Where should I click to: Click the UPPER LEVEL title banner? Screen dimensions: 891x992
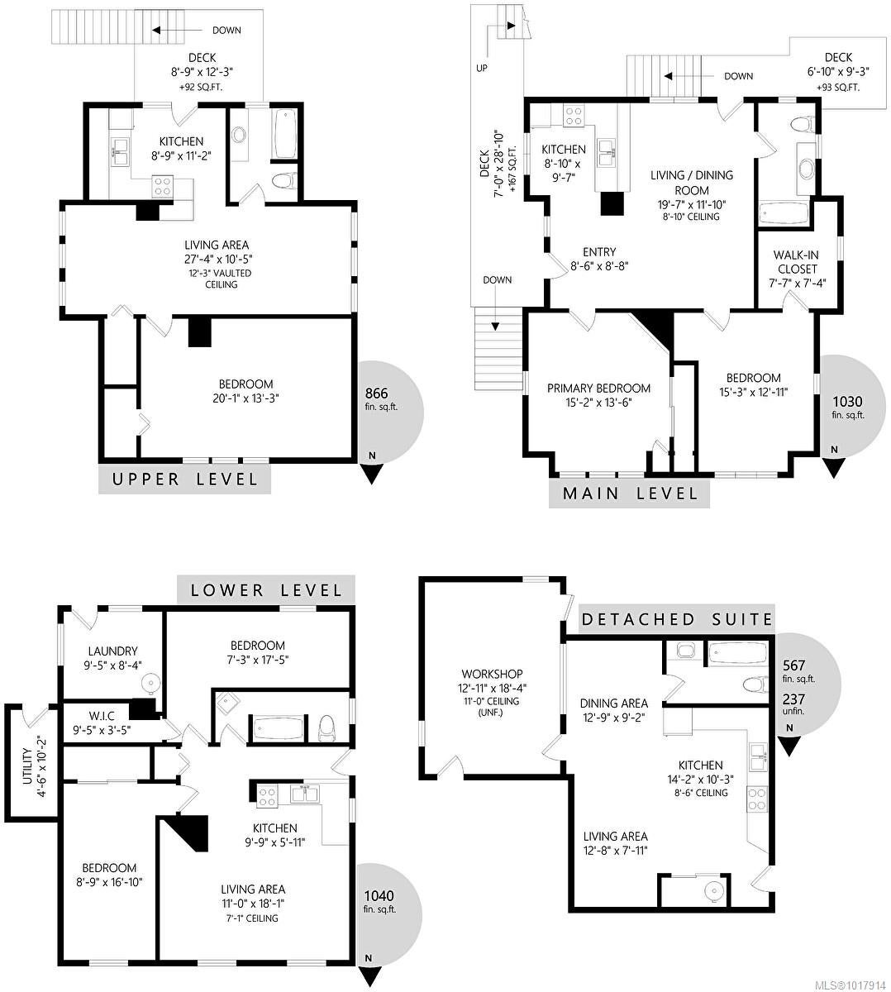coord(184,479)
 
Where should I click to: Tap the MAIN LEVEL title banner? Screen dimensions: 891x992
coord(629,493)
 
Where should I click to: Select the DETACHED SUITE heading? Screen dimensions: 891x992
coord(677,619)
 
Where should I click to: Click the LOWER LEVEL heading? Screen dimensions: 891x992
coord(266,590)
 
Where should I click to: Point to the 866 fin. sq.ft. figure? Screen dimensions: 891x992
coord(376,393)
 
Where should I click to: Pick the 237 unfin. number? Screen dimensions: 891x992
coord(793,699)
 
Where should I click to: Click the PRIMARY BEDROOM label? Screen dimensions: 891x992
coord(598,389)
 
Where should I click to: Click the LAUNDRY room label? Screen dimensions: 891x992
coord(112,651)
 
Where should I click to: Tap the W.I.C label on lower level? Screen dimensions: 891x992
coord(102,717)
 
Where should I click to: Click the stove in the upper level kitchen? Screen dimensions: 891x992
coord(163,186)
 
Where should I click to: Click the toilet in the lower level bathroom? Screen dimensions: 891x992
coord(326,727)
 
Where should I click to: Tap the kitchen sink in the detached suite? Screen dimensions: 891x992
coord(757,756)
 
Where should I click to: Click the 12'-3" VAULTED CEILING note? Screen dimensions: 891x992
coord(222,279)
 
